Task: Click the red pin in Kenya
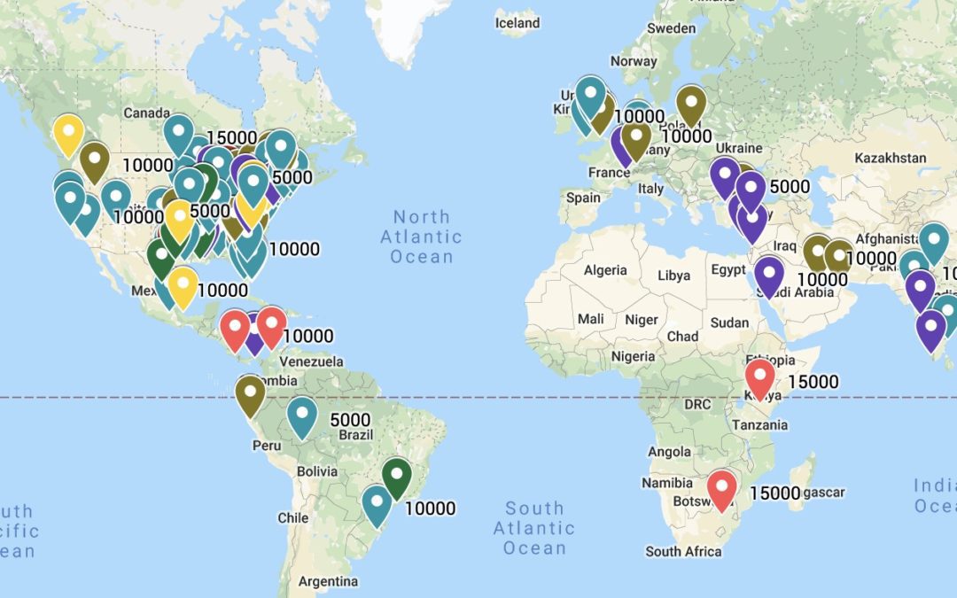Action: point(760,377)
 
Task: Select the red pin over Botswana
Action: point(722,489)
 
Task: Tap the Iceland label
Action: point(517,22)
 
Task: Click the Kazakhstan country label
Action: point(891,158)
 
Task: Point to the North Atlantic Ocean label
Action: point(422,237)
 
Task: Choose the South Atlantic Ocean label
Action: point(534,528)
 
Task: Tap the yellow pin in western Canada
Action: point(68,134)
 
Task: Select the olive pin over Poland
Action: point(691,104)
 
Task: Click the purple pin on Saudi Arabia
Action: point(769,274)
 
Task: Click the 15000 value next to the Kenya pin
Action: point(813,382)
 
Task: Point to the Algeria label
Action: point(605,270)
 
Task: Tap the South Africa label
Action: point(683,551)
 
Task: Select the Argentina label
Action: point(328,581)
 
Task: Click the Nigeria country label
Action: point(633,356)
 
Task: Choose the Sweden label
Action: point(671,27)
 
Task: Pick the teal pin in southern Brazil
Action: point(377,505)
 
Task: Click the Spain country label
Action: point(582,198)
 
